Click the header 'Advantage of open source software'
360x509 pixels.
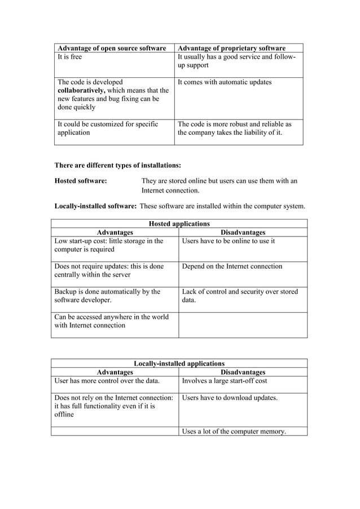[112, 48]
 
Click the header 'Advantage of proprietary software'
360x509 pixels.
[231, 48]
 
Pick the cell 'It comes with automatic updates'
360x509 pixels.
[225, 82]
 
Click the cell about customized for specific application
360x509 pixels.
[108, 128]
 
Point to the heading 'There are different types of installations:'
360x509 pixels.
[117, 165]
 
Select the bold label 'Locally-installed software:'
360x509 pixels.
[95, 206]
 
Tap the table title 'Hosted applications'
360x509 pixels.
[179, 223]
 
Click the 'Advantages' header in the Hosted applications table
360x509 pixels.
[115, 232]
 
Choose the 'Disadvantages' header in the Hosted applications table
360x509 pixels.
[243, 232]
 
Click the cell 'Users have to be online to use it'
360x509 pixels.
[229, 241]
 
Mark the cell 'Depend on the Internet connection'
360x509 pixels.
[232, 266]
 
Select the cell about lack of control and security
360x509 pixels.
[240, 296]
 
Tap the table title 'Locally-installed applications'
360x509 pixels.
[179, 363]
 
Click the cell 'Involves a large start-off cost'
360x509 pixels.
[225, 381]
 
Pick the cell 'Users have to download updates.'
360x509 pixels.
[230, 398]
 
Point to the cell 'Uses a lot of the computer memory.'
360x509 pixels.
[234, 432]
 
